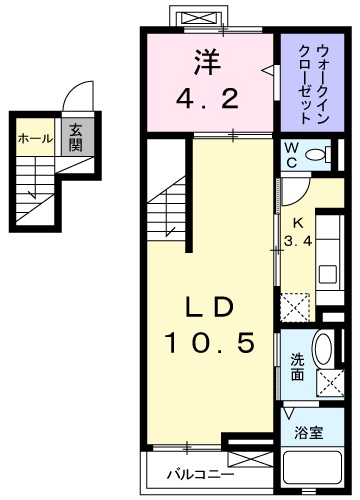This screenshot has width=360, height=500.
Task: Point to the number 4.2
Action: click(207, 100)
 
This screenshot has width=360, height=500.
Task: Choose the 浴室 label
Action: click(309, 433)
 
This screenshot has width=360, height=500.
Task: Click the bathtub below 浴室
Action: click(314, 469)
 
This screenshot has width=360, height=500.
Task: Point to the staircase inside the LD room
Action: click(168, 205)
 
